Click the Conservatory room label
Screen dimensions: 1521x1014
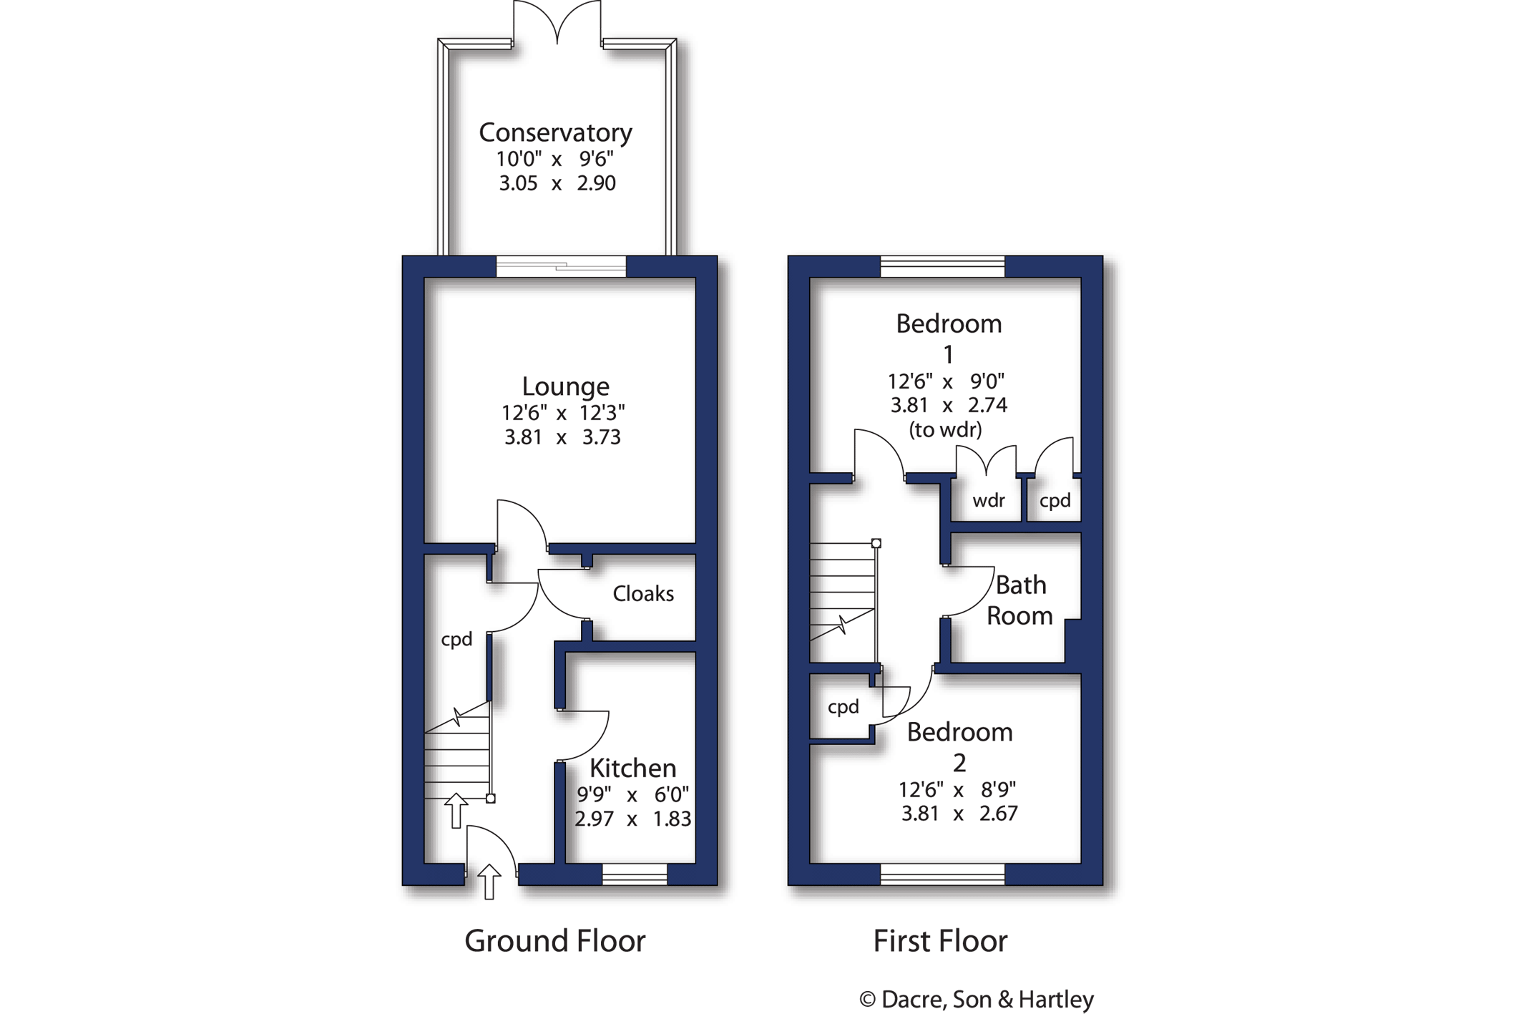point(555,133)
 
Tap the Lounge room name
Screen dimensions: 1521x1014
point(565,387)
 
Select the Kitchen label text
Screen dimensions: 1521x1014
point(632,768)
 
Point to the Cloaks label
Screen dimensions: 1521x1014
point(643,594)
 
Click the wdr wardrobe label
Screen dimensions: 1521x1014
point(989,501)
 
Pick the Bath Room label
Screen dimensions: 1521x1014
point(1019,600)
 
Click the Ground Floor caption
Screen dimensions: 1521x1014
point(555,941)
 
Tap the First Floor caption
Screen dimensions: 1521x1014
point(940,941)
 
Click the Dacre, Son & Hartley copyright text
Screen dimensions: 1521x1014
point(977,999)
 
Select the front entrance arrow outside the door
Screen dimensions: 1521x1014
point(489,882)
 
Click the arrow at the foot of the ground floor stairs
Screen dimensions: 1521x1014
point(456,811)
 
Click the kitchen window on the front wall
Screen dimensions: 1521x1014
point(635,874)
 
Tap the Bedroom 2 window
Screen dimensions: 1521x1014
point(942,874)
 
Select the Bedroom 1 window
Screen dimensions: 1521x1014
point(942,266)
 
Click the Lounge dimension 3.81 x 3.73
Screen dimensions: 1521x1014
point(562,437)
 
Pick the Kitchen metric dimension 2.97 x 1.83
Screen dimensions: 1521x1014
point(632,819)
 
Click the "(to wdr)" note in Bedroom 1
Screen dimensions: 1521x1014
point(945,429)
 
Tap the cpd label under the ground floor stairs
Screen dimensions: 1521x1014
point(456,640)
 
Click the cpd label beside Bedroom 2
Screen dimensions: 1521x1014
point(843,708)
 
